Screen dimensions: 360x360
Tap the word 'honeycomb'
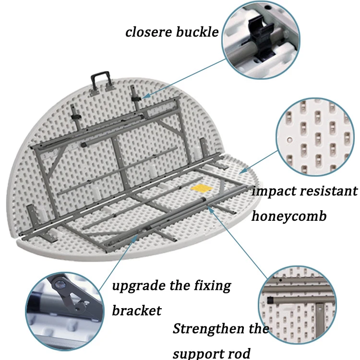point(289,216)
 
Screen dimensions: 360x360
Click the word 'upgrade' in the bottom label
point(140,287)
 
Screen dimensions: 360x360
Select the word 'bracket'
point(136,311)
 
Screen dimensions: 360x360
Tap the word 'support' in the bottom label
point(197,354)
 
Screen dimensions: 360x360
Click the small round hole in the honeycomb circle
point(289,140)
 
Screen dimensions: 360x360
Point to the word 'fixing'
point(213,287)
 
